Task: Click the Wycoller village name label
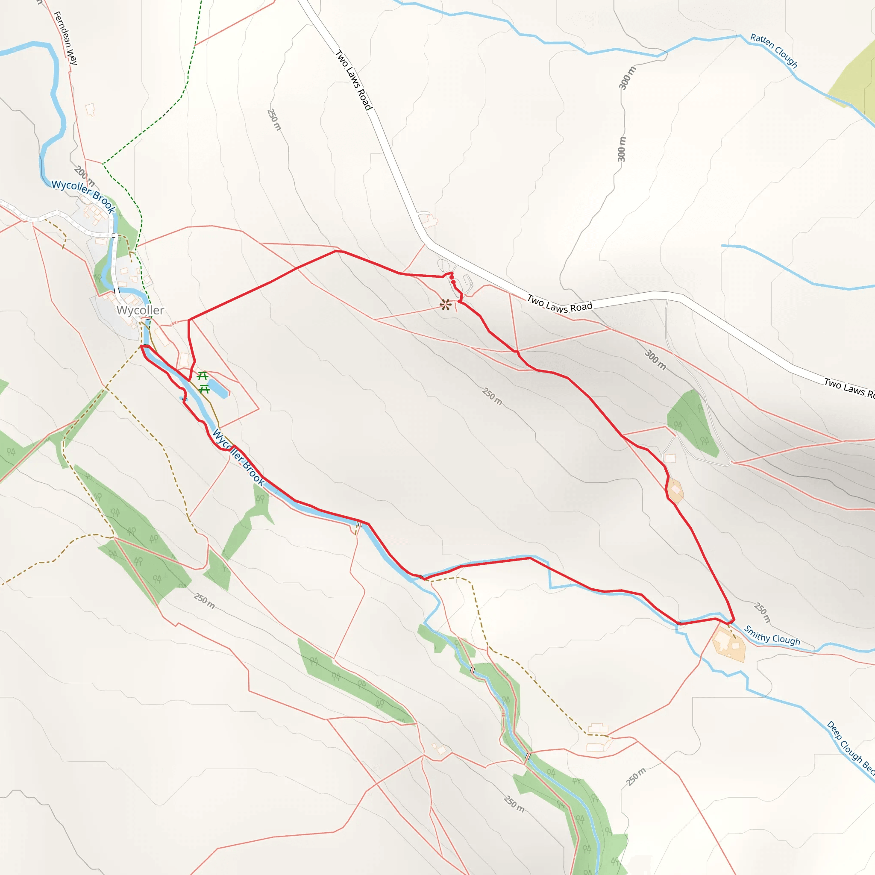tap(140, 310)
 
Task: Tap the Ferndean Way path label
tap(66, 38)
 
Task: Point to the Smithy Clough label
tap(772, 635)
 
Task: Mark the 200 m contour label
tap(84, 176)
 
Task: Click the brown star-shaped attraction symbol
tap(445, 305)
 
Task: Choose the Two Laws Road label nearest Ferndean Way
tap(353, 80)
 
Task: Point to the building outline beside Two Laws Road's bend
tap(428, 220)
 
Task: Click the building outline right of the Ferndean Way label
tap(90, 109)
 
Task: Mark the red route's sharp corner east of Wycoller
tap(189, 320)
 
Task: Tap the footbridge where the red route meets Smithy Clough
tap(731, 621)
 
